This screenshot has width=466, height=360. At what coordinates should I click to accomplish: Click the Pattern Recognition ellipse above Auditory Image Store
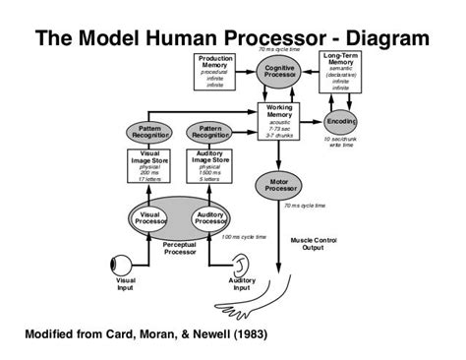[x=209, y=132]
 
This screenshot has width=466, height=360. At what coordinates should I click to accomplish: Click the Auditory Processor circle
[x=209, y=217]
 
